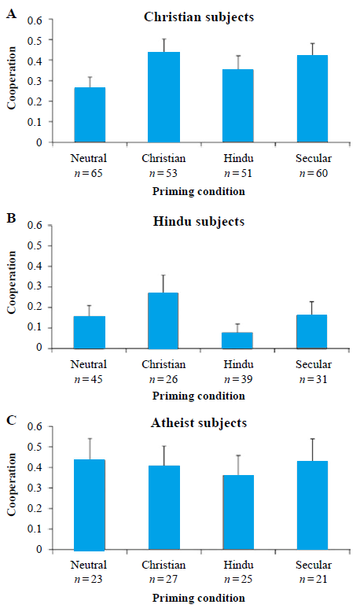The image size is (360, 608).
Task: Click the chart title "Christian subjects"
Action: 199,17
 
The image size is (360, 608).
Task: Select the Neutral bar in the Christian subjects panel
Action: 90,115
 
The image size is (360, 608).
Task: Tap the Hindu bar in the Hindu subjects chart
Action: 237,341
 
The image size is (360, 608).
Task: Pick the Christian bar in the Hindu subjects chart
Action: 163,321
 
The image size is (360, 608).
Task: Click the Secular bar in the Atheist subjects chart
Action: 312,505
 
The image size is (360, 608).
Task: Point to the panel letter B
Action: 12,218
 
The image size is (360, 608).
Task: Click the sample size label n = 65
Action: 88,173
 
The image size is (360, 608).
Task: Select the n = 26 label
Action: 163,379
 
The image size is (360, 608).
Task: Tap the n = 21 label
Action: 313,580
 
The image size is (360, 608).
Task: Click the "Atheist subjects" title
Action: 199,422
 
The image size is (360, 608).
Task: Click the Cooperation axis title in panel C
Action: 12,485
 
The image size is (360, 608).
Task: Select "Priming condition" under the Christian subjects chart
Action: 198,192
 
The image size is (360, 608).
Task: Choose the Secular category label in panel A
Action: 314,158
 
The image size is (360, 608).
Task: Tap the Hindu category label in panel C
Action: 238,565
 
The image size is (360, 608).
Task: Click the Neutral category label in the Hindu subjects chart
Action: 88,364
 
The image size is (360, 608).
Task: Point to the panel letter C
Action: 12,420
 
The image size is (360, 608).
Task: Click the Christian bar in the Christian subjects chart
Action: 164,97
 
